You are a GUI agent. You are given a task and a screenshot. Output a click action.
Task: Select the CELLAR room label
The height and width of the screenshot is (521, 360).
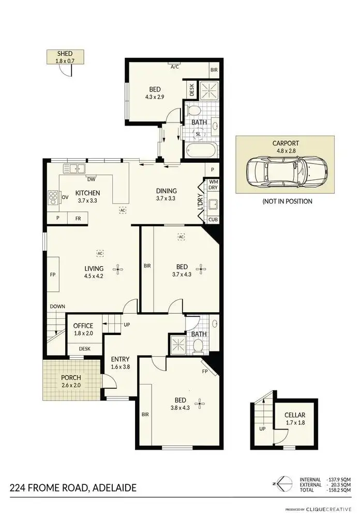(x=295, y=419)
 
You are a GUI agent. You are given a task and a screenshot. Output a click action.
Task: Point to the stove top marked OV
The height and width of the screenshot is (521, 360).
(x=54, y=197)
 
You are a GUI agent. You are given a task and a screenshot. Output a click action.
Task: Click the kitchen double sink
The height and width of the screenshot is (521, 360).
(x=74, y=168)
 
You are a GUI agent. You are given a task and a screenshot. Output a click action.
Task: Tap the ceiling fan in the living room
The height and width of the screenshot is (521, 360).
(x=119, y=268)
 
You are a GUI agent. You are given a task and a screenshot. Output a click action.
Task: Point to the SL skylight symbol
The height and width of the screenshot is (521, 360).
(x=198, y=134)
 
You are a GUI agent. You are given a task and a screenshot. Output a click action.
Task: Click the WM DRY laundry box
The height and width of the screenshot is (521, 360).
(x=213, y=185)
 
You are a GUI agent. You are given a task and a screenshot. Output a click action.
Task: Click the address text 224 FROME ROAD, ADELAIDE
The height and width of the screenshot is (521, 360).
(x=73, y=487)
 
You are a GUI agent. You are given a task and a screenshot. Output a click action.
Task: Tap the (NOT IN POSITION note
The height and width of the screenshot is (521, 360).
(x=288, y=201)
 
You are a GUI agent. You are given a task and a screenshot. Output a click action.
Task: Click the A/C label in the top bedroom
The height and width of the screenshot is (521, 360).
(x=175, y=67)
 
